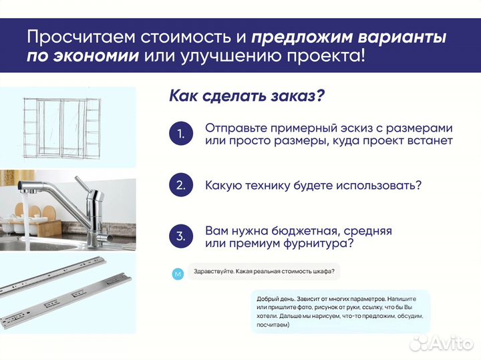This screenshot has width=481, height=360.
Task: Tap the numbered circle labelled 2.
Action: click(x=180, y=185)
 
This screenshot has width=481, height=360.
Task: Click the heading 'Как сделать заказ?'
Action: click(x=247, y=96)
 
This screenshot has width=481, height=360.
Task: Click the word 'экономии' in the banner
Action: click(x=98, y=55)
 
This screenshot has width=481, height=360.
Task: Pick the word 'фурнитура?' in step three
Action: click(x=318, y=244)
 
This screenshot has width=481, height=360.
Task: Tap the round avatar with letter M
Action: click(x=177, y=273)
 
